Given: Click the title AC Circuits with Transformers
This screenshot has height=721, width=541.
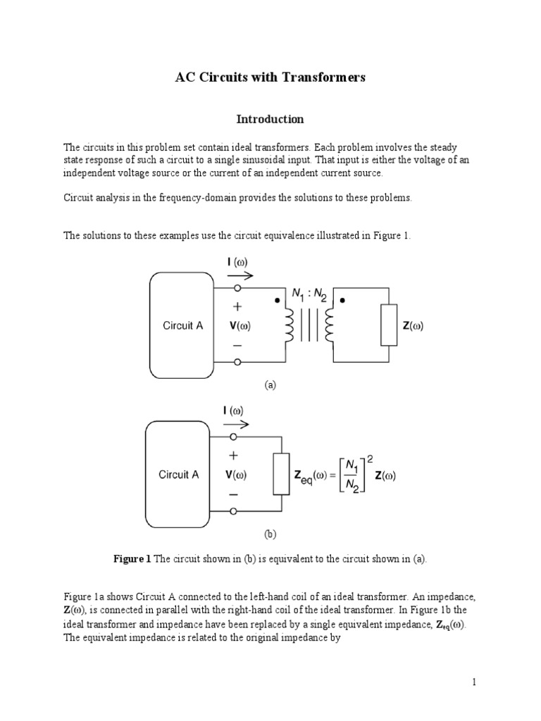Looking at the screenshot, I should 270,77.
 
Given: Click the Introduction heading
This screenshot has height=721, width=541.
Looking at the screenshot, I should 270,119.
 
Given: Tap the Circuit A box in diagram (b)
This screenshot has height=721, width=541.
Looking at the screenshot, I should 179,475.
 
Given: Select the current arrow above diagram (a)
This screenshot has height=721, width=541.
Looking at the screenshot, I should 240,275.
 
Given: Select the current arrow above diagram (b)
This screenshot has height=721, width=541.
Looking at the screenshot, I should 237,425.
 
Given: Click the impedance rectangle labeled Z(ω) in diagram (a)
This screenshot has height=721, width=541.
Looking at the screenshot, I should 389,325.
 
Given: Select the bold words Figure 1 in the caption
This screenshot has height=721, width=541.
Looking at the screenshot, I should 132,559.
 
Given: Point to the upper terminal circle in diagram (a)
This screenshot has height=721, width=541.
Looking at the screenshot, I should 237,289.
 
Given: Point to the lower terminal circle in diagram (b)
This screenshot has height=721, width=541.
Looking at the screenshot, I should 237,511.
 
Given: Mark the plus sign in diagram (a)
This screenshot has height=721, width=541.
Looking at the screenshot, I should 237,307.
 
